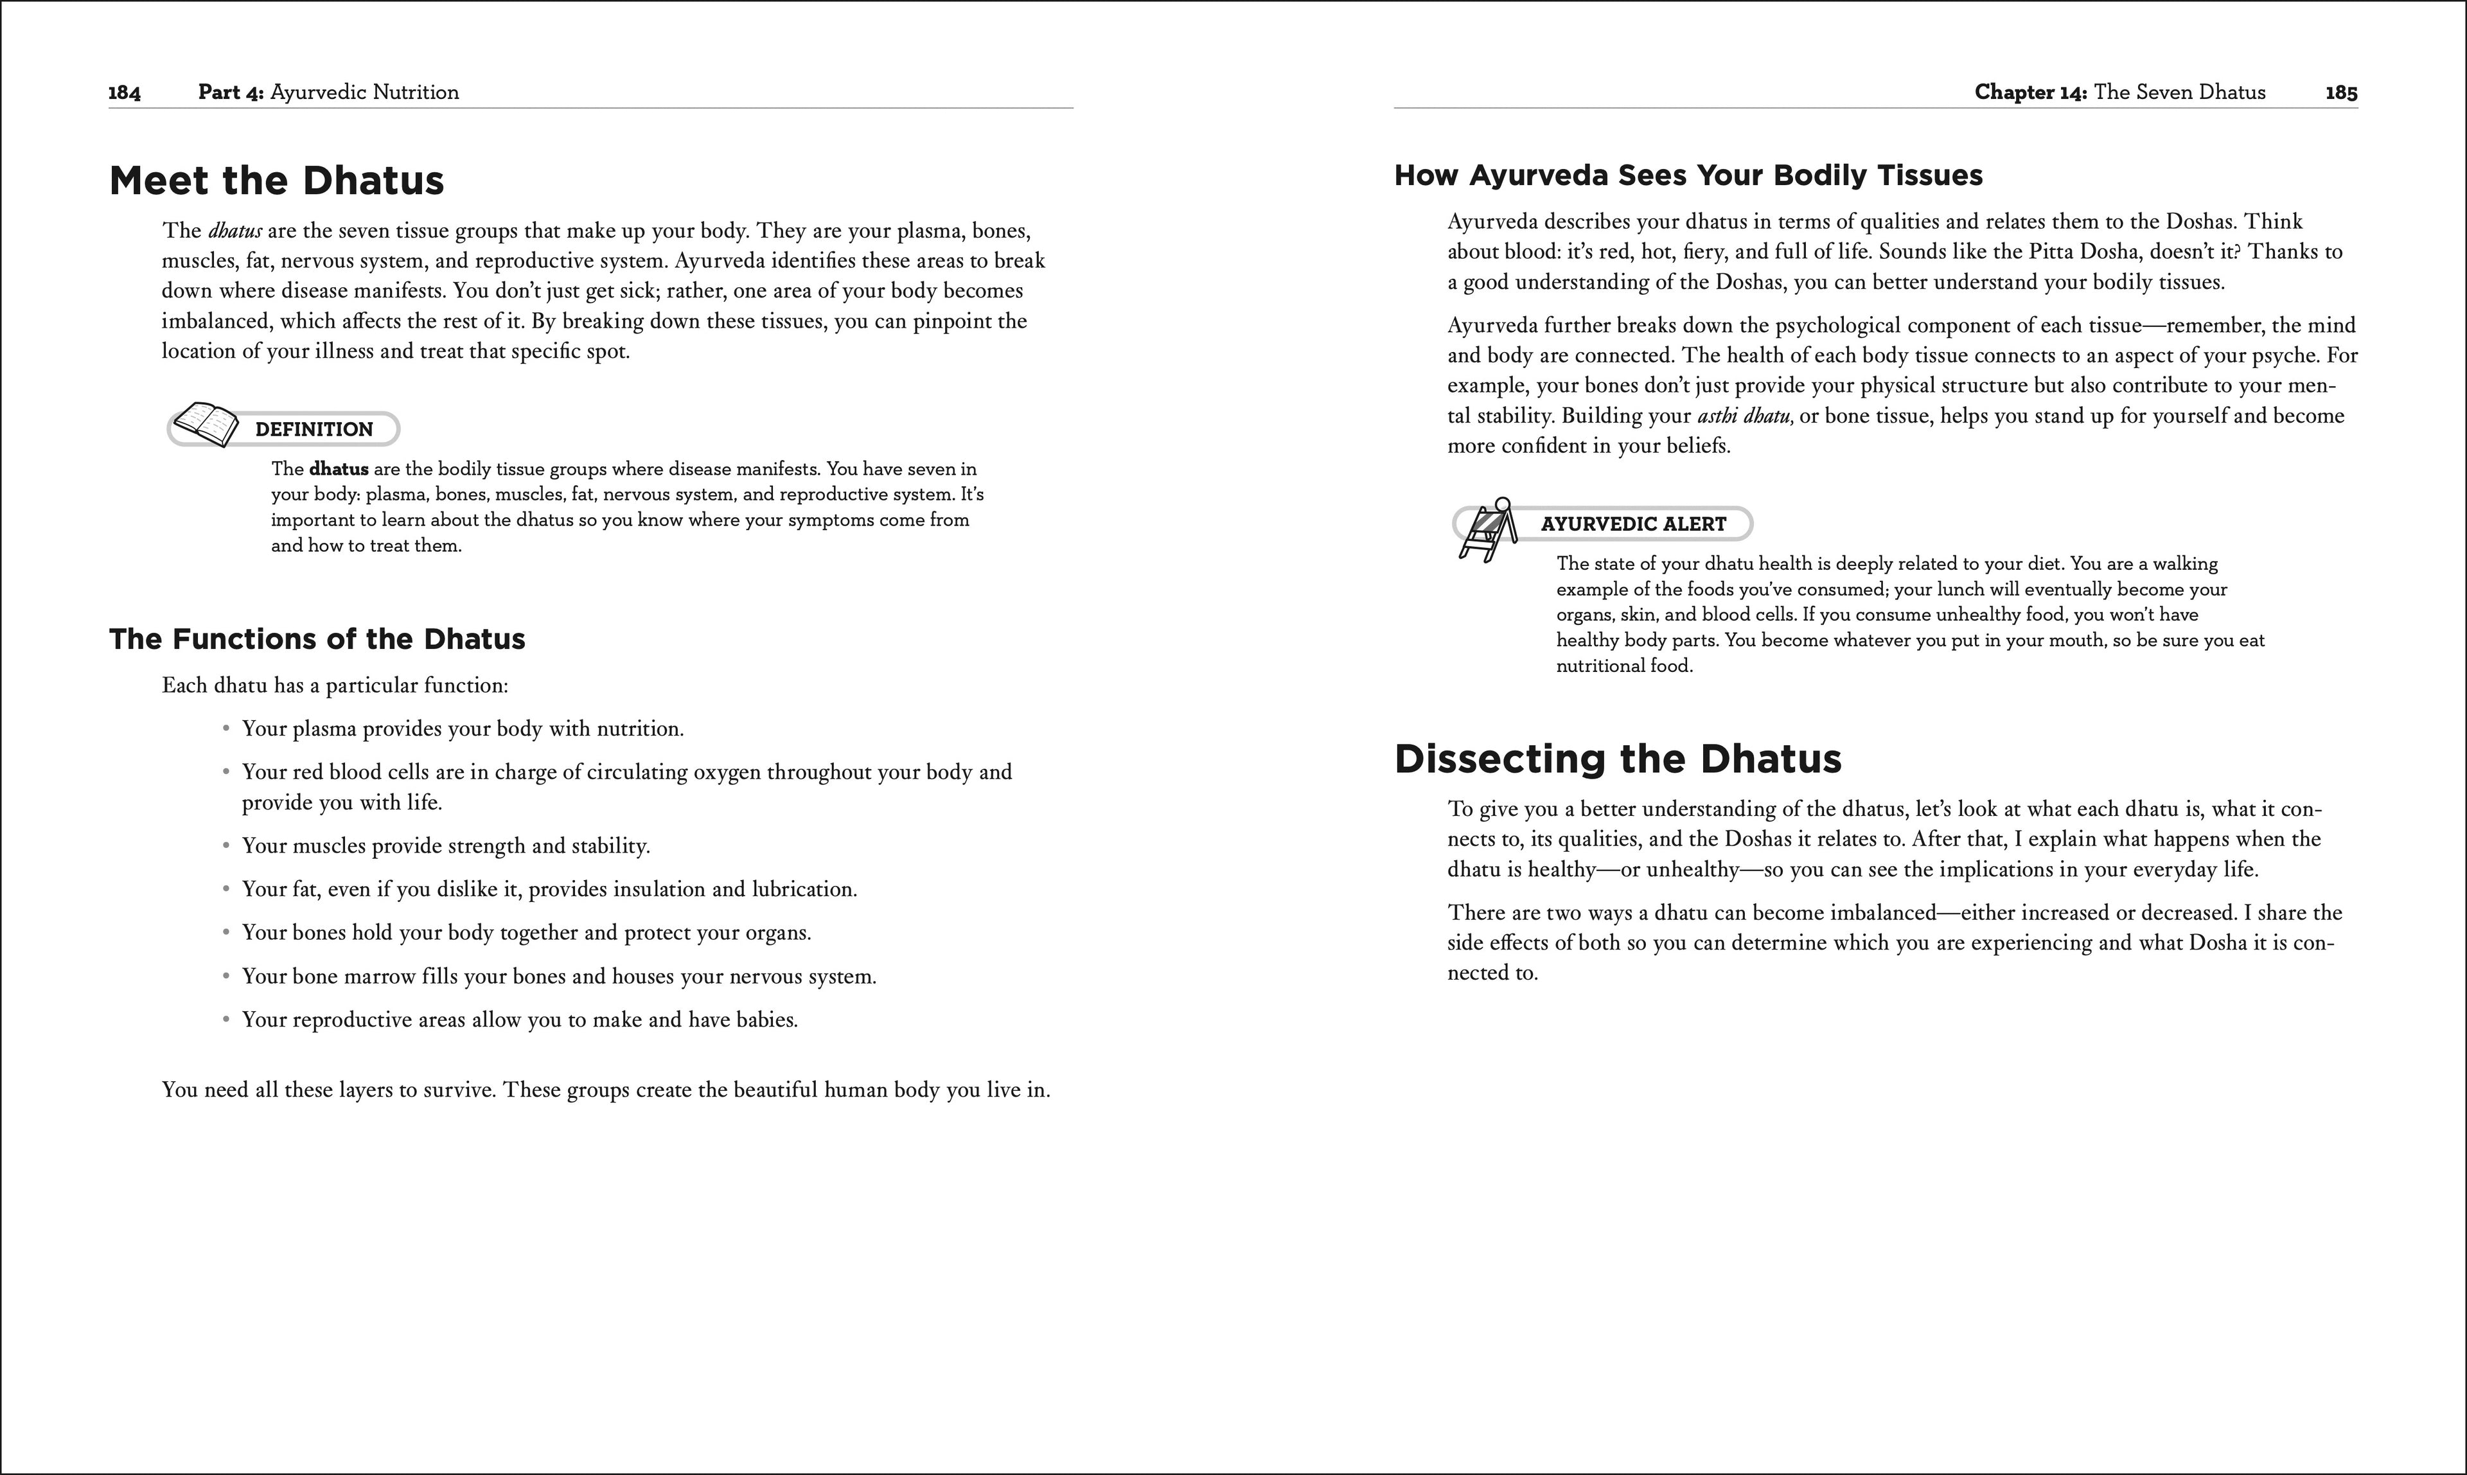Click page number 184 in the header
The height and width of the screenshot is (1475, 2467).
pyautogui.click(x=124, y=93)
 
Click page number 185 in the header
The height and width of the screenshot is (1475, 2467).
pyautogui.click(x=2341, y=93)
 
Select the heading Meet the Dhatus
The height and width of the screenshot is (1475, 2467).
pyautogui.click(x=276, y=181)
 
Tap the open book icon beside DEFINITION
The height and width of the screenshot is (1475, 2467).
pyautogui.click(x=206, y=425)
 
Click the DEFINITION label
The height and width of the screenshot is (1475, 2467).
pyautogui.click(x=314, y=429)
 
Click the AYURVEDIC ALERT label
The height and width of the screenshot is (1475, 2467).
pyautogui.click(x=1633, y=524)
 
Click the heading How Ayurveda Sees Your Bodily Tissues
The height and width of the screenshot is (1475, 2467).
pyautogui.click(x=1688, y=176)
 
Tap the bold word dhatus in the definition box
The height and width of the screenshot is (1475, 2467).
pyautogui.click(x=339, y=469)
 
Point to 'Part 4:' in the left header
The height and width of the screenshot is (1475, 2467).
pyautogui.click(x=231, y=93)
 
